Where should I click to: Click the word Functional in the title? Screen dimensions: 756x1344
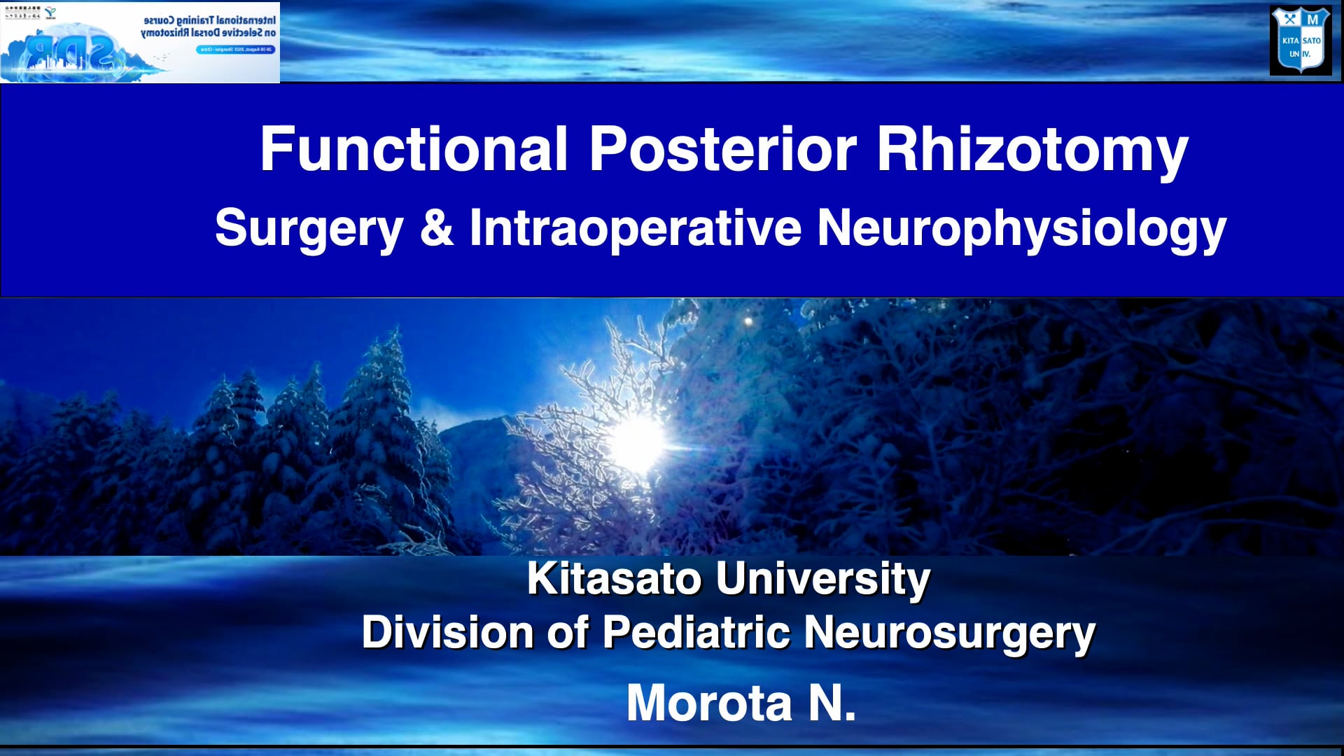[413, 149]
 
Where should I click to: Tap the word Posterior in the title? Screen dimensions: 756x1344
[722, 149]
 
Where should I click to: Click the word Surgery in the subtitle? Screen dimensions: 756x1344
[309, 229]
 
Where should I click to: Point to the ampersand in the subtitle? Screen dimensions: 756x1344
[437, 227]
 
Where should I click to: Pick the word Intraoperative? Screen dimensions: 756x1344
[635, 227]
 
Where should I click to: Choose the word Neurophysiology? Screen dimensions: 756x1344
[1021, 229]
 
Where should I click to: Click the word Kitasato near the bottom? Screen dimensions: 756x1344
[614, 579]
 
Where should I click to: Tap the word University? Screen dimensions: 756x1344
[822, 580]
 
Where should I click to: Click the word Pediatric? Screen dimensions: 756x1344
[696, 632]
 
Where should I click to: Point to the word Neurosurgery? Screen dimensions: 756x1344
[949, 633]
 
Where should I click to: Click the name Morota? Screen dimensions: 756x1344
[709, 703]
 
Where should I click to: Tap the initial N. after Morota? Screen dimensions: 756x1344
[832, 703]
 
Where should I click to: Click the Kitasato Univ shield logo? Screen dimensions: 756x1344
[1301, 40]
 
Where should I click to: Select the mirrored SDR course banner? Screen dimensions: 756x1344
[140, 42]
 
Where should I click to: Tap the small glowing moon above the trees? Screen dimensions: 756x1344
[748, 322]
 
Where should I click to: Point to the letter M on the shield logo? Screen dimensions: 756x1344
[1312, 19]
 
